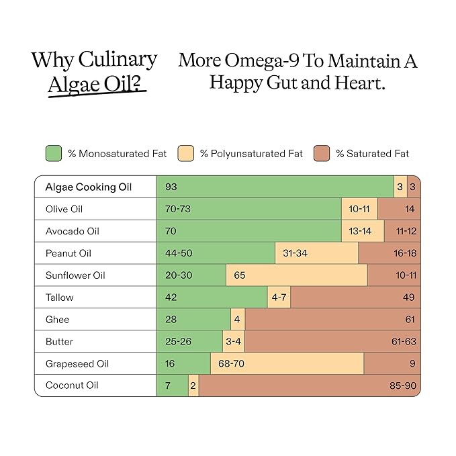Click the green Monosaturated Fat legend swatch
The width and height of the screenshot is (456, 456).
coord(54,153)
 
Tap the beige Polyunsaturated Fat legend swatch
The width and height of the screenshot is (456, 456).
coord(186,153)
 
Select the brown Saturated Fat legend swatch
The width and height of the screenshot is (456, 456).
coord(322,153)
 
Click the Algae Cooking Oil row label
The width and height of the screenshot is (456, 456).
coord(89,187)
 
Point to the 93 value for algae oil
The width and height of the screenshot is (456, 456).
coord(171,187)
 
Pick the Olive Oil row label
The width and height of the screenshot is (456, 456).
coord(64,209)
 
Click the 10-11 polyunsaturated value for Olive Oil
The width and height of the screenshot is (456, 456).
coord(359,209)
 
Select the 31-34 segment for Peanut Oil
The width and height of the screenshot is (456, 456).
coord(317,253)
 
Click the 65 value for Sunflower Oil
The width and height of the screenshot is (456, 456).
coord(240,275)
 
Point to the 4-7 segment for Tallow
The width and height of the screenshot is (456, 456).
coord(279,298)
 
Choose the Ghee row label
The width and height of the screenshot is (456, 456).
coord(57,320)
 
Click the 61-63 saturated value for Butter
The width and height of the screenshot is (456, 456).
coord(404,341)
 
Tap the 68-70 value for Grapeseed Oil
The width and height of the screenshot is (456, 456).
coord(231,363)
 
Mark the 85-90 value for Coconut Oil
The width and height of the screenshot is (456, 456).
coord(403,385)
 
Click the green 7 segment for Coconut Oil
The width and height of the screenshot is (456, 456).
coord(172,385)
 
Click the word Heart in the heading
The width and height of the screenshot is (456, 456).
coord(360,83)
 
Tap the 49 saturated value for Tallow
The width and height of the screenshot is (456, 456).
coord(408,298)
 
